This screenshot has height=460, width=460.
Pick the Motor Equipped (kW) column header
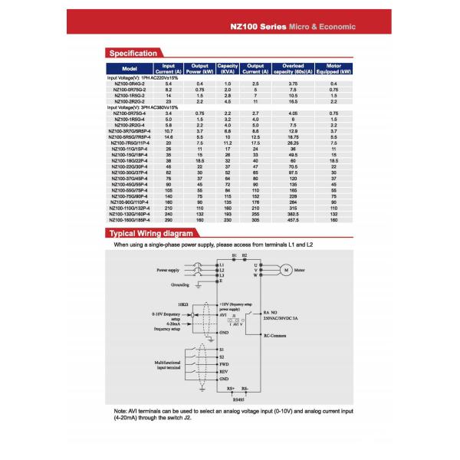point(333,69)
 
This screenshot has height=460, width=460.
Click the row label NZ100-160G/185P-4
point(129,221)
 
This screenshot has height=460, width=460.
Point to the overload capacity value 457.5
point(293,221)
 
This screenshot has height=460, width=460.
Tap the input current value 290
point(169,221)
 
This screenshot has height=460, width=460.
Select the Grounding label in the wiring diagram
point(176,284)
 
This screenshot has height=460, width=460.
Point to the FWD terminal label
point(225,365)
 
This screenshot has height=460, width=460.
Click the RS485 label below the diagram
point(239,399)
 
